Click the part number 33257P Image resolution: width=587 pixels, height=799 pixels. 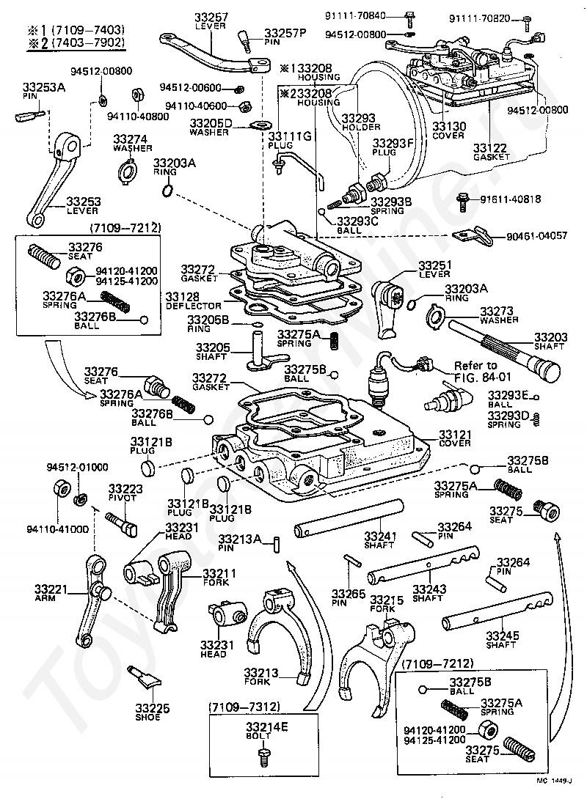[x=285, y=33]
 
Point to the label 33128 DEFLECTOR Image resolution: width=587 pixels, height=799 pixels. [x=194, y=301]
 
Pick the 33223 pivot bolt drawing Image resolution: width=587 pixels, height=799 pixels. [x=122, y=525]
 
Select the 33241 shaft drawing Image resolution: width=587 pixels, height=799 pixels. [x=349, y=518]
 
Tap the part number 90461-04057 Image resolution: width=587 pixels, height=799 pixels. [x=536, y=236]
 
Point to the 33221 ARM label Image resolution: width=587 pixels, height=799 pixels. [x=51, y=593]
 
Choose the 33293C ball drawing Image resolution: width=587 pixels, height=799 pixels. [x=322, y=211]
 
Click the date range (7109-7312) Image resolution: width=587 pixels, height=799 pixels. [x=244, y=707]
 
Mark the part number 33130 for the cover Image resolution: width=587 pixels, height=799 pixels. [x=449, y=126]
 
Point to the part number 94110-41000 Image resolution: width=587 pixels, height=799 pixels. [x=58, y=529]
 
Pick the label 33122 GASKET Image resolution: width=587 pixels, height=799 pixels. [x=491, y=152]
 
